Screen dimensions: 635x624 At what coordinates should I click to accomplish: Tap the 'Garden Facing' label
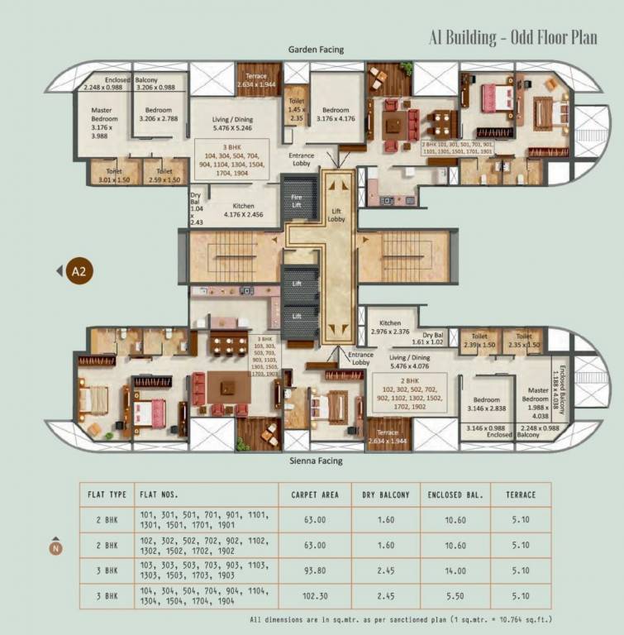(x=316, y=50)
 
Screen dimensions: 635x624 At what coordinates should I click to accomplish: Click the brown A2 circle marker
(x=79, y=270)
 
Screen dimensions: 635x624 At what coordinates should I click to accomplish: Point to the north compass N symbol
(x=55, y=548)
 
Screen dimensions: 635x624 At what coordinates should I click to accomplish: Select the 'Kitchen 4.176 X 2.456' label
(x=240, y=212)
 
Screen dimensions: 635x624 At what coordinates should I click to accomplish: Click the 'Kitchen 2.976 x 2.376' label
(x=389, y=327)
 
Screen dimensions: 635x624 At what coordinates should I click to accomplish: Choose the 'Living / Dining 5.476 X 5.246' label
(x=231, y=124)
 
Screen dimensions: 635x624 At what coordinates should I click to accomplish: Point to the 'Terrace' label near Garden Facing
(x=256, y=79)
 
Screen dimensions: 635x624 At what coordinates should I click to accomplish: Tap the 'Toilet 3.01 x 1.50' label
(x=110, y=175)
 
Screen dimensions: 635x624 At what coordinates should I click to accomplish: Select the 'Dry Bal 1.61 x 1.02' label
(x=427, y=337)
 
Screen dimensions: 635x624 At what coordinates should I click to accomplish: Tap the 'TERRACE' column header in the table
(x=515, y=495)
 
